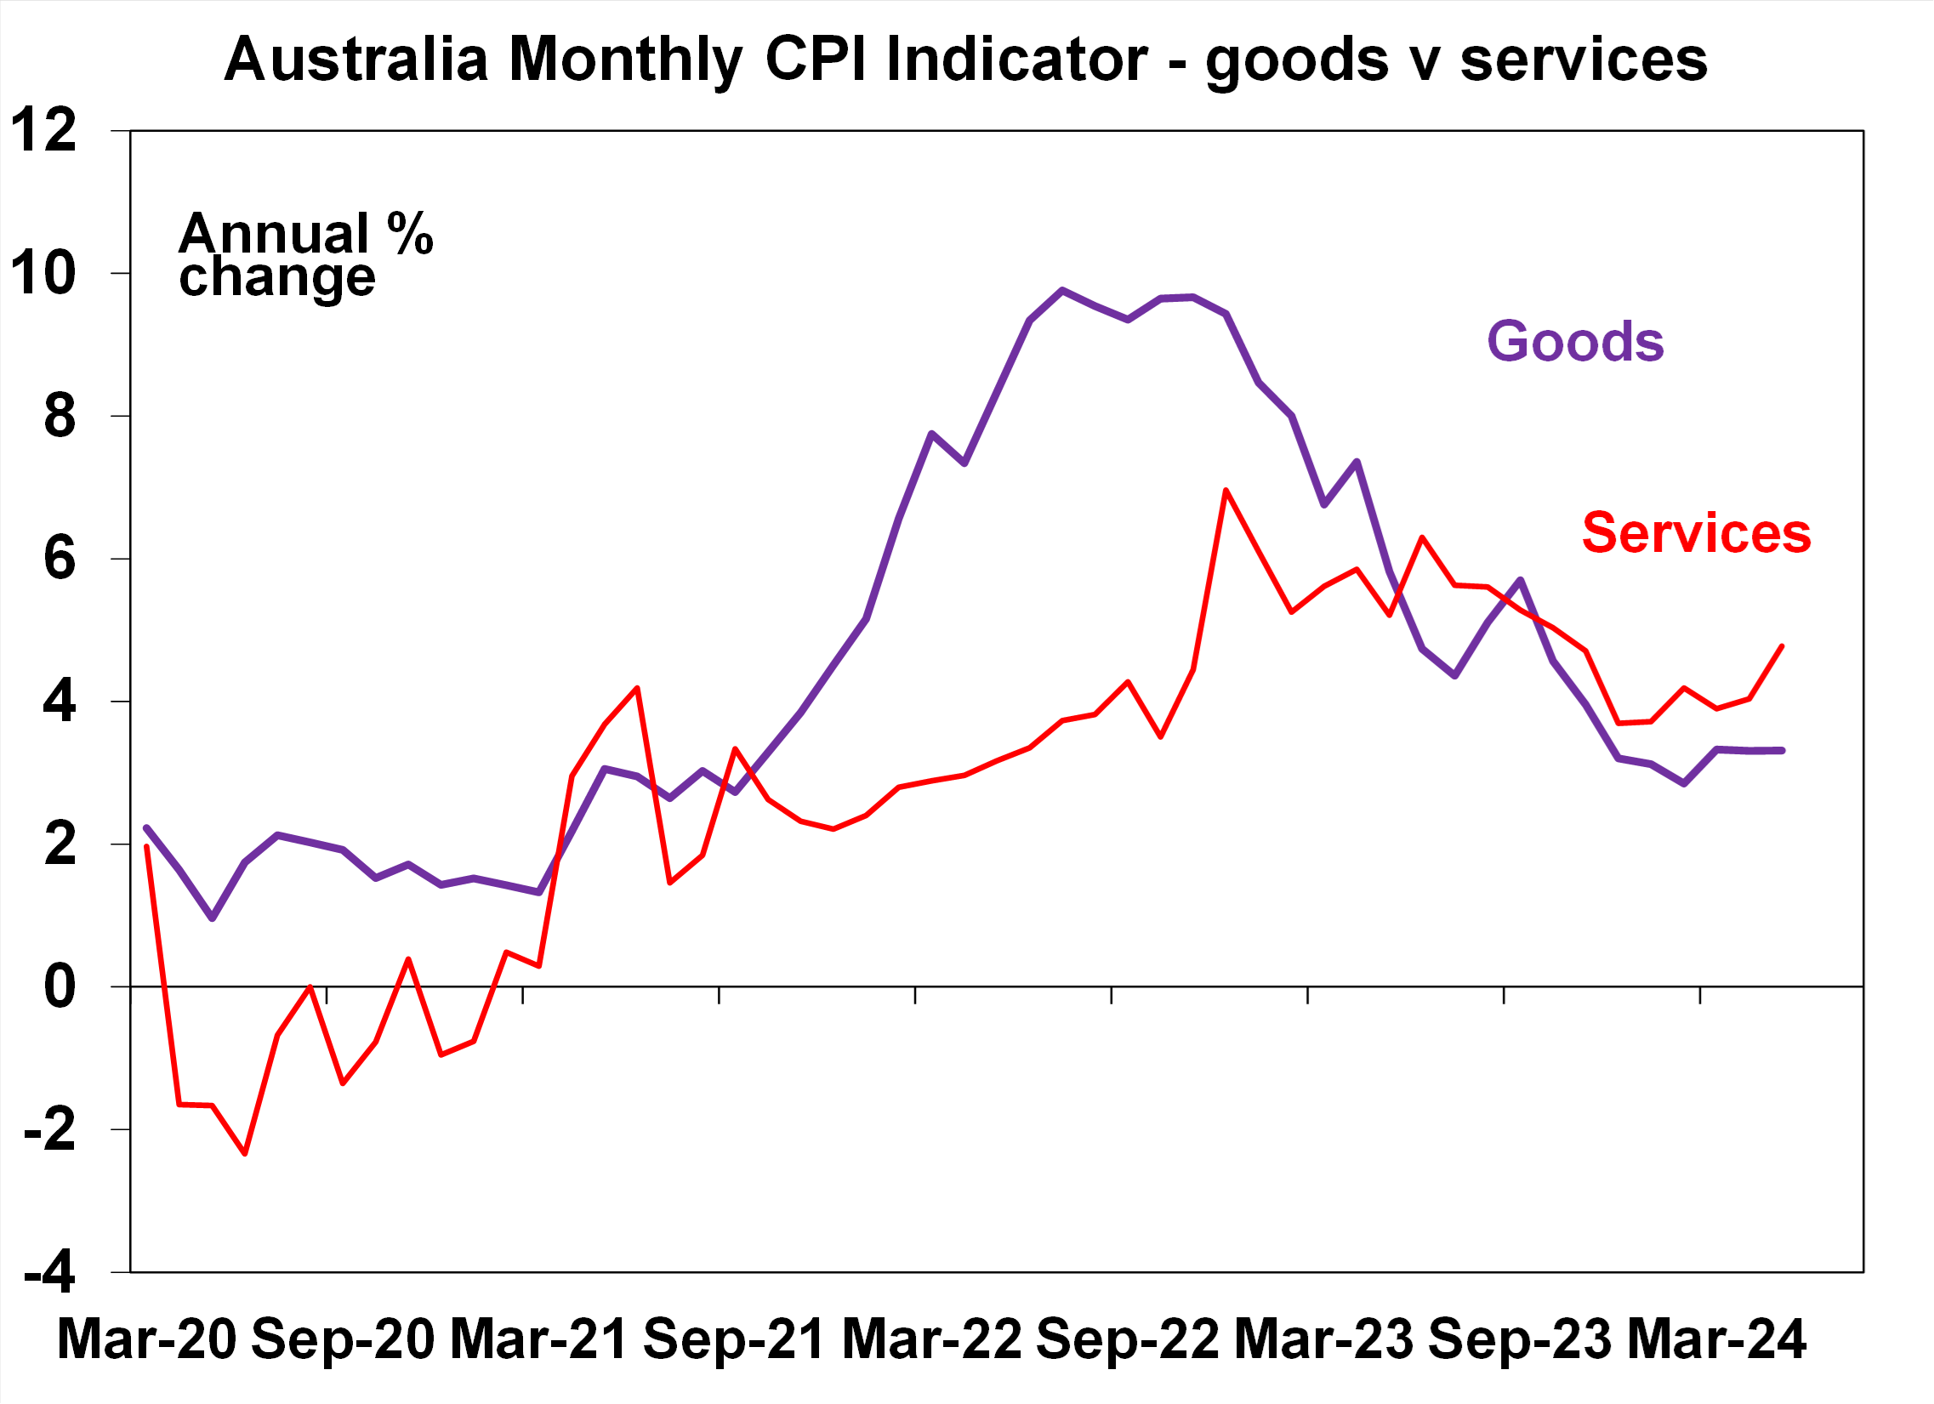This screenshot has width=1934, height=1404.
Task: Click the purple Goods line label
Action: (x=1575, y=342)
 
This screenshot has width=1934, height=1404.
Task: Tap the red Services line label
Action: (x=1696, y=534)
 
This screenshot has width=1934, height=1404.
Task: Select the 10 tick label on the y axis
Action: (x=43, y=274)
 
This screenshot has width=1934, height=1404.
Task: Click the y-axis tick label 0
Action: (x=60, y=987)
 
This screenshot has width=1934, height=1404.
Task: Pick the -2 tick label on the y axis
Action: (x=49, y=1130)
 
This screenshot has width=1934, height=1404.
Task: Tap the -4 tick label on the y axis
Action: (x=49, y=1275)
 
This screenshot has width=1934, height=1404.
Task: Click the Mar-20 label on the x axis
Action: (x=145, y=1339)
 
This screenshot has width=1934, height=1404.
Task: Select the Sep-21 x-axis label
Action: (x=733, y=1339)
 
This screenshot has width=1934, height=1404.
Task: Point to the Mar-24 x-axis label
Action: (x=1716, y=1339)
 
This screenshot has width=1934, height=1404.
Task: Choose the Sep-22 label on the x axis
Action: (x=1127, y=1339)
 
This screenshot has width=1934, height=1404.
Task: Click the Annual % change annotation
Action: (x=304, y=255)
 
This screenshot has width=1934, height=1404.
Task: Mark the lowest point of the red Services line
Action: (x=246, y=1153)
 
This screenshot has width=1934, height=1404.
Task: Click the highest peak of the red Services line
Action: (x=1226, y=490)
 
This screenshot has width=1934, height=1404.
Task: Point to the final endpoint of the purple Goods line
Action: (x=1783, y=750)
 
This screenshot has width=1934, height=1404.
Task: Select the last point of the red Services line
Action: (x=1783, y=646)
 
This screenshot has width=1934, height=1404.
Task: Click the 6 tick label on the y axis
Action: (x=60, y=560)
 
